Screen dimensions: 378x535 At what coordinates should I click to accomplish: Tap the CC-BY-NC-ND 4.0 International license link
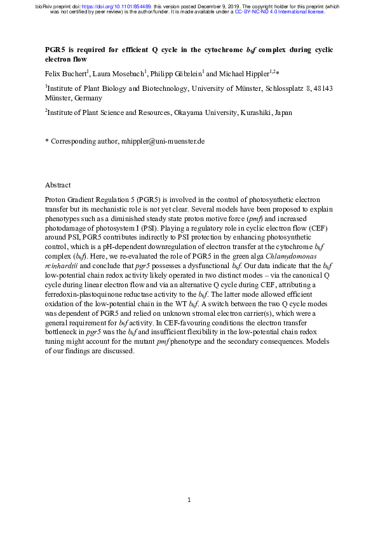pos(280,11)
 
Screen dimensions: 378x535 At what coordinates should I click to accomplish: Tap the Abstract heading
pos(58,185)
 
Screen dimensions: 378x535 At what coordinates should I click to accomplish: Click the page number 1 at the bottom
pos(189,501)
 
